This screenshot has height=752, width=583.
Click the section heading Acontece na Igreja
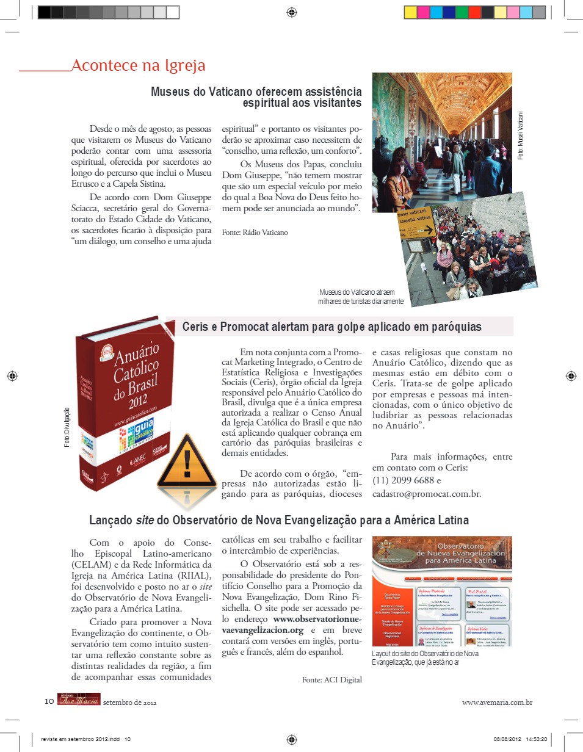[138, 66]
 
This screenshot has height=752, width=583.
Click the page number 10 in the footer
[49, 701]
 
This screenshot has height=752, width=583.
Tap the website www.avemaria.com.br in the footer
[497, 702]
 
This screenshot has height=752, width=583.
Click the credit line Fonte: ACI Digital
[331, 679]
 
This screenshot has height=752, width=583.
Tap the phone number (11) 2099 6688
[408, 480]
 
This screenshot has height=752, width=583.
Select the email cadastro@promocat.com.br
[426, 494]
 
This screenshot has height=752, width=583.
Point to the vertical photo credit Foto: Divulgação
[67, 427]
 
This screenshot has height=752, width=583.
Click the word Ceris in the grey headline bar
[196, 327]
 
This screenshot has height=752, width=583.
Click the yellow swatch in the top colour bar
[410, 12]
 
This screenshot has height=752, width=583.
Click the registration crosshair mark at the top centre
[291, 12]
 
